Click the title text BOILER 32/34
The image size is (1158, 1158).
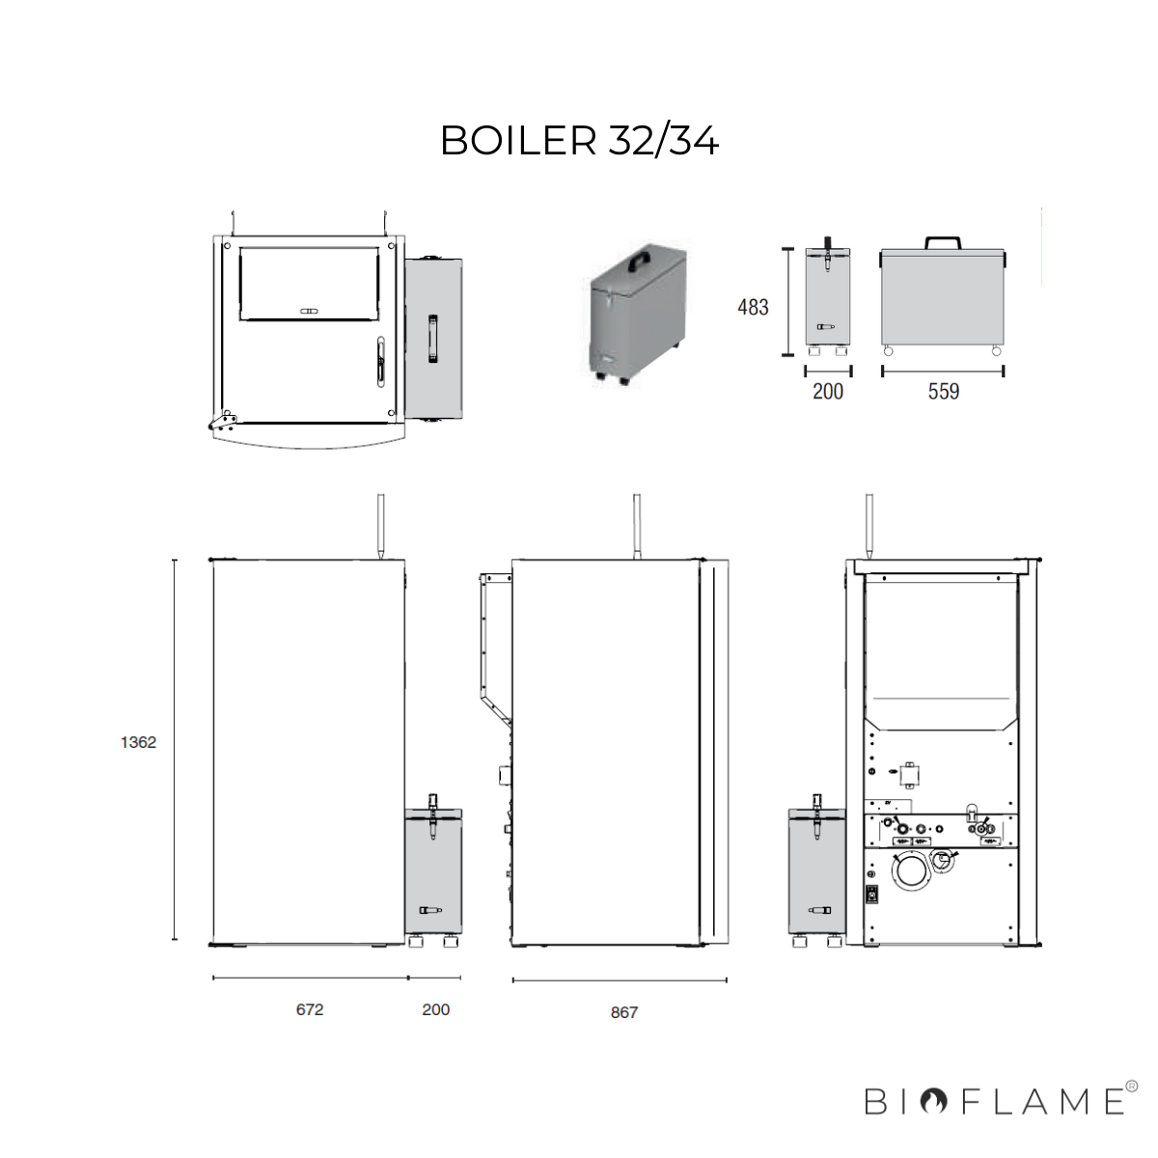[579, 141]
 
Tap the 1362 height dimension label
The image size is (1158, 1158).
[138, 743]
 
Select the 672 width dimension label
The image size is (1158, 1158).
[310, 1009]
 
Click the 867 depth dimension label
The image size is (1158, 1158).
[623, 1012]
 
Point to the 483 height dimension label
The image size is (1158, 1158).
[753, 307]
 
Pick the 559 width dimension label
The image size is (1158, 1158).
[944, 391]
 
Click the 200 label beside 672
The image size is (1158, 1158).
[435, 1009]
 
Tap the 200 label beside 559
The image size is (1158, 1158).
[828, 391]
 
